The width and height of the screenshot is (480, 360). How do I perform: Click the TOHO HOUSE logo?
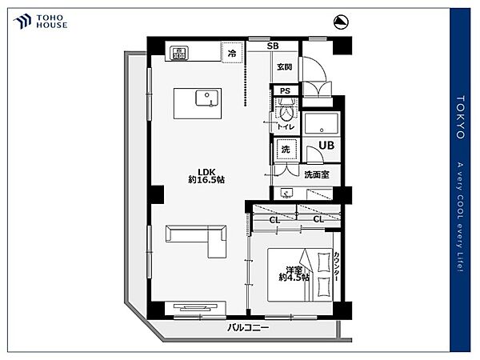pos(40,22)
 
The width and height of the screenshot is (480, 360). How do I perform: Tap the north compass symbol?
pos(341,22)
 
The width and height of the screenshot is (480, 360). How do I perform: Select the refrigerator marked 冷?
pos(232,52)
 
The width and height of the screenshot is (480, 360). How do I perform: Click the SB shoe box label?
pos(273,46)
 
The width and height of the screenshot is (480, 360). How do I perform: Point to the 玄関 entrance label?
pos(284,66)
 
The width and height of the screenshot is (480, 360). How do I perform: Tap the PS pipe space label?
pos(285,91)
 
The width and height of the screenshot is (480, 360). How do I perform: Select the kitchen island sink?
pos(207,98)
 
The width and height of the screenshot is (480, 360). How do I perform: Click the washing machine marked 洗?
pos(286,149)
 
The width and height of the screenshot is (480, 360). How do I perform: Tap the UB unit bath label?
pos(326,145)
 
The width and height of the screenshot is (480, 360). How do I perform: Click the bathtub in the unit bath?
pos(321,123)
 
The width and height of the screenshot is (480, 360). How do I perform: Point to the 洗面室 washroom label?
pos(317,174)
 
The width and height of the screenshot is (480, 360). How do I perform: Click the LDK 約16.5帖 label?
pos(206,176)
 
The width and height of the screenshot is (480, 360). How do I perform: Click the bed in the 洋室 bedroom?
pos(300,275)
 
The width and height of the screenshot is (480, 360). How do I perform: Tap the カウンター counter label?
pos(337,266)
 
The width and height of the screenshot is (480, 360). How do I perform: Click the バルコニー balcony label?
pos(248,328)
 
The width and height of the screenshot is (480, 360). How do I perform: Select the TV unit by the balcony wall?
pos(195,308)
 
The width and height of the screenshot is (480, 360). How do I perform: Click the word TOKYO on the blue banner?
pos(460,118)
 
